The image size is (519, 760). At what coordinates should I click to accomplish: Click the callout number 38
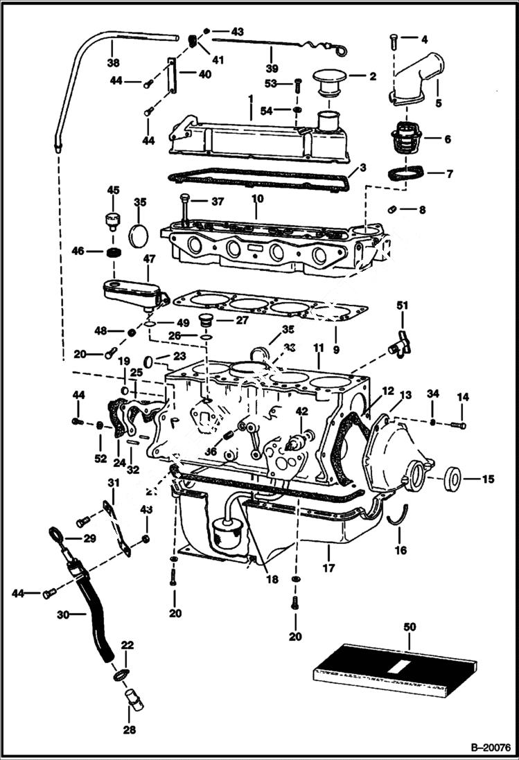coord(112,62)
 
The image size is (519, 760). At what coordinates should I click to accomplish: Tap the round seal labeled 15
coord(455,477)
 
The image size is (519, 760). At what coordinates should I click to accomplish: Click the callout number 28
coord(130,730)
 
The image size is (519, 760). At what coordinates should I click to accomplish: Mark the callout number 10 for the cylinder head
coord(257,198)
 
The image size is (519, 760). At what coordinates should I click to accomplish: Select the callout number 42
coord(301,411)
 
